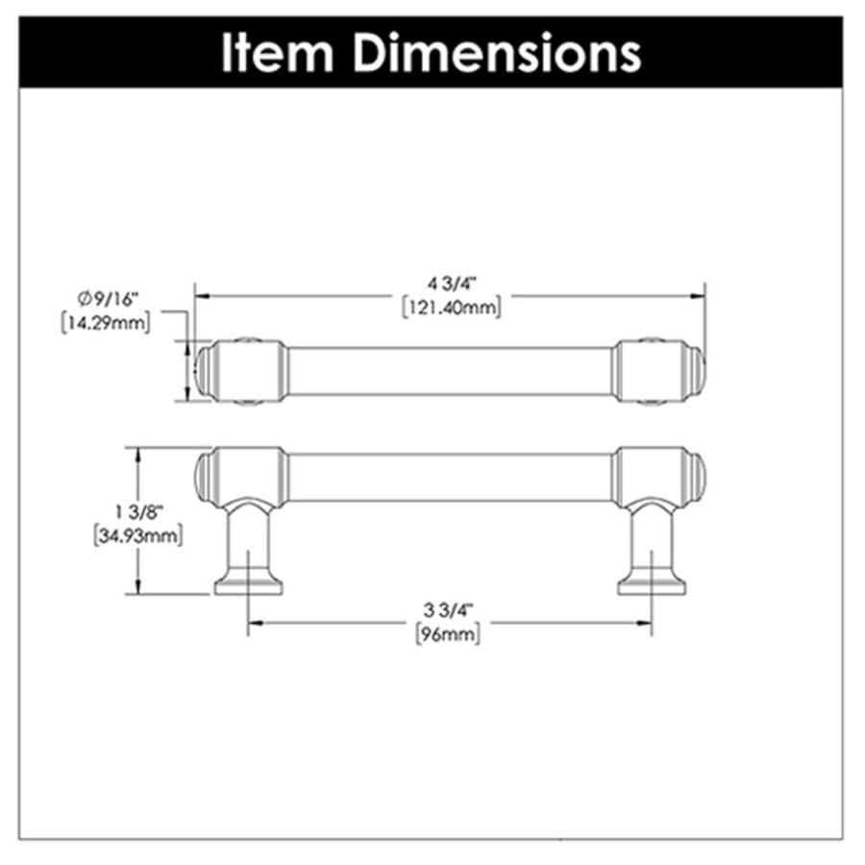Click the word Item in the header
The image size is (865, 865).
tap(278, 53)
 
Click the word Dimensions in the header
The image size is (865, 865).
tap(497, 53)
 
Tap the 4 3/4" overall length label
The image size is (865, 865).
tap(452, 284)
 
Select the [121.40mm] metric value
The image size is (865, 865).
tap(452, 308)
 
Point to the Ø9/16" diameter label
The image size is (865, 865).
tap(107, 299)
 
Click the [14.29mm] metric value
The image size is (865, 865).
tap(106, 323)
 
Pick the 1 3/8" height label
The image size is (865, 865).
tap(138, 512)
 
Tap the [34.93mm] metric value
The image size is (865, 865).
tap(137, 535)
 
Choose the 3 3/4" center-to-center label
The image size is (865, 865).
tap(449, 610)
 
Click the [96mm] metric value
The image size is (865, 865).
tap(448, 634)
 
